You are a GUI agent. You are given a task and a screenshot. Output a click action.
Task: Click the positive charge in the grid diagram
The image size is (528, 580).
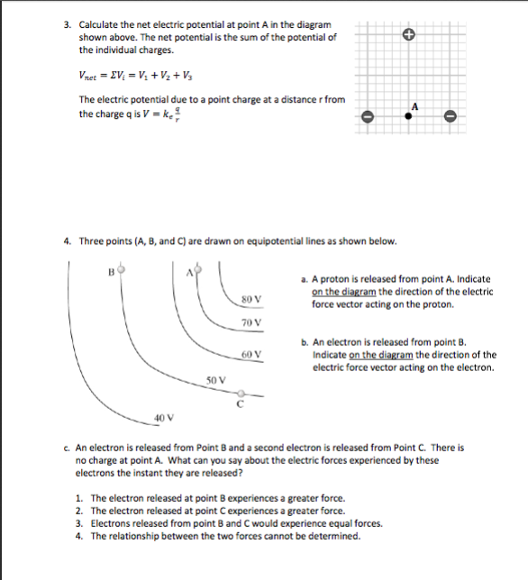(408, 35)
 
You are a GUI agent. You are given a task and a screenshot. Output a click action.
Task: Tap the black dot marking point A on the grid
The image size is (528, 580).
(408, 117)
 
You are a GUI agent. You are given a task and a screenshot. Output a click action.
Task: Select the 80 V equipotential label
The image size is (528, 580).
(251, 298)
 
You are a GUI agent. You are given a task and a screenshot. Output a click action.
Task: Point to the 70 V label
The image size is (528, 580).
(251, 322)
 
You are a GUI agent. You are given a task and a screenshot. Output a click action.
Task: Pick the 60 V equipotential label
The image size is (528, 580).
(251, 354)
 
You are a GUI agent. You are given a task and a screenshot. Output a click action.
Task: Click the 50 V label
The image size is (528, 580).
(215, 381)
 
